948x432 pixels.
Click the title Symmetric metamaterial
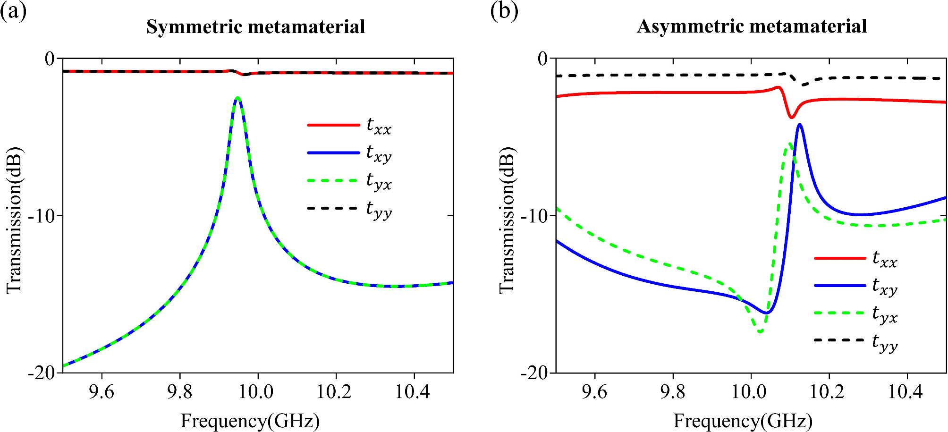tap(255, 26)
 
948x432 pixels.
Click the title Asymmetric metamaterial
tap(752, 26)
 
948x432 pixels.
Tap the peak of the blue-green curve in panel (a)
tap(237, 98)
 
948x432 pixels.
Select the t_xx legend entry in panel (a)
tap(350, 126)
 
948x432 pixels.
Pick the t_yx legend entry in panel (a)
tap(350, 181)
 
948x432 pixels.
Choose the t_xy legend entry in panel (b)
tap(856, 286)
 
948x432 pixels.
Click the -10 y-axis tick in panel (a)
tap(41, 216)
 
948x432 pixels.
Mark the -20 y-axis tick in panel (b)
tap(534, 373)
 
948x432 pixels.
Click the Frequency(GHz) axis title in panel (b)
tap(743, 421)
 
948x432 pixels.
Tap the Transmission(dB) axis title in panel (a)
tap(14, 220)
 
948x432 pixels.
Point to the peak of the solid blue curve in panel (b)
tap(799, 125)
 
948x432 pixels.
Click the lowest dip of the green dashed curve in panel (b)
tap(760, 331)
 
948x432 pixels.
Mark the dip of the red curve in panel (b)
tap(792, 117)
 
